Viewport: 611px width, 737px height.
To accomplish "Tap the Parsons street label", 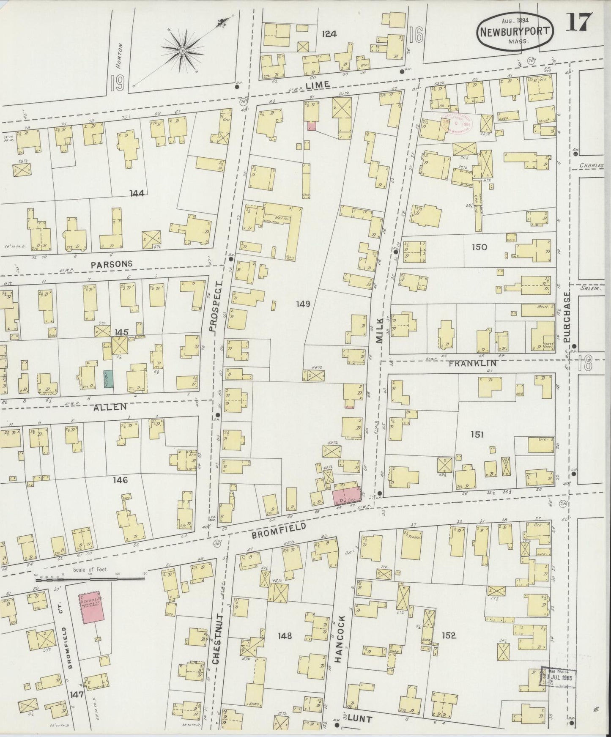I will point(111,263).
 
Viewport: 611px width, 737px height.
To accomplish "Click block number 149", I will point(303,303).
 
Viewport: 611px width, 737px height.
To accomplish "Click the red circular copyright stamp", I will point(457,123).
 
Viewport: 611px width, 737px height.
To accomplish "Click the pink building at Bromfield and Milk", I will point(347,495).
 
